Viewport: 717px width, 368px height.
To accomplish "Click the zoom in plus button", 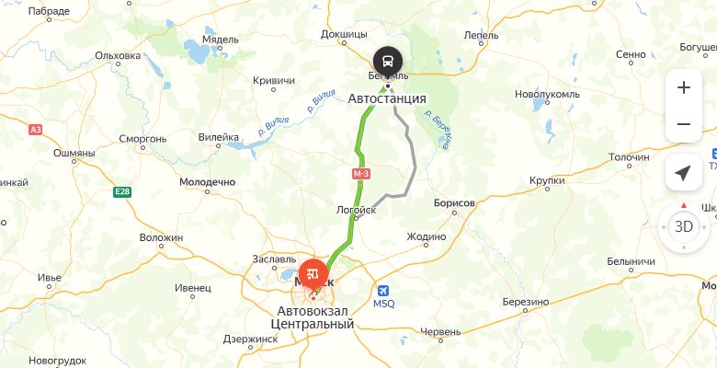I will tap(683, 88).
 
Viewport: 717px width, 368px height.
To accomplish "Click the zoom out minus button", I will tap(683, 124).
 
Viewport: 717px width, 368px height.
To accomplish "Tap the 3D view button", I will tap(683, 226).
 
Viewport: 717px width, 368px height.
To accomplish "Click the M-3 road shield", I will tap(360, 173).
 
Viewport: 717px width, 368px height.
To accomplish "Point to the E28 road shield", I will tap(122, 191).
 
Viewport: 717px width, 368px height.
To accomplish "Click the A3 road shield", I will tap(36, 130).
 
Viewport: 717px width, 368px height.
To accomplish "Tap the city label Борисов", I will tap(452, 202).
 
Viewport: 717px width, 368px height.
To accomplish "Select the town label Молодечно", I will tap(207, 182).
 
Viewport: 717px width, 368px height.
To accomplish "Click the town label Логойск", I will tap(358, 211).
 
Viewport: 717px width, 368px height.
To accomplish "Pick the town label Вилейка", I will tap(219, 138).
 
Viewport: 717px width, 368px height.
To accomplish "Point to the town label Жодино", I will tap(426, 236).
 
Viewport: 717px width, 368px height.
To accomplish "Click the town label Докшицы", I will tap(344, 35).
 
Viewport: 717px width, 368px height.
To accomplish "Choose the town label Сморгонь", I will tap(142, 139).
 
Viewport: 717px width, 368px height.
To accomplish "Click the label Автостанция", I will tap(387, 98).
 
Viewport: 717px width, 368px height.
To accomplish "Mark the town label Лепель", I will tap(482, 35).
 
